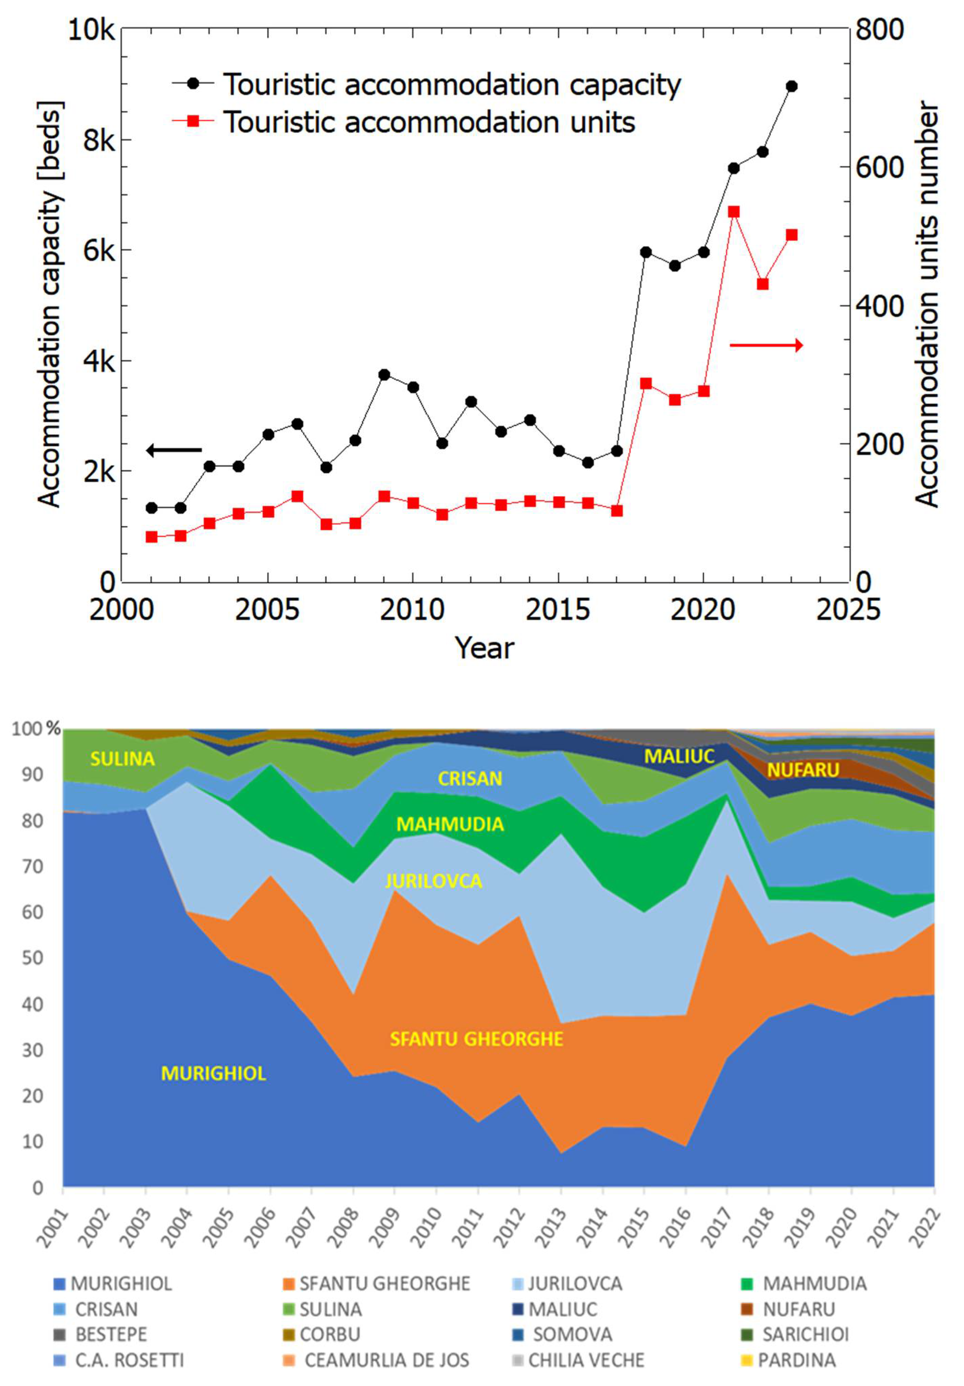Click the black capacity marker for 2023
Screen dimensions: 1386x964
pos(791,86)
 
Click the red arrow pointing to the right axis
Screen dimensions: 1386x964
pos(766,345)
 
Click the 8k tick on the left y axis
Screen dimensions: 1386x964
pos(99,140)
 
